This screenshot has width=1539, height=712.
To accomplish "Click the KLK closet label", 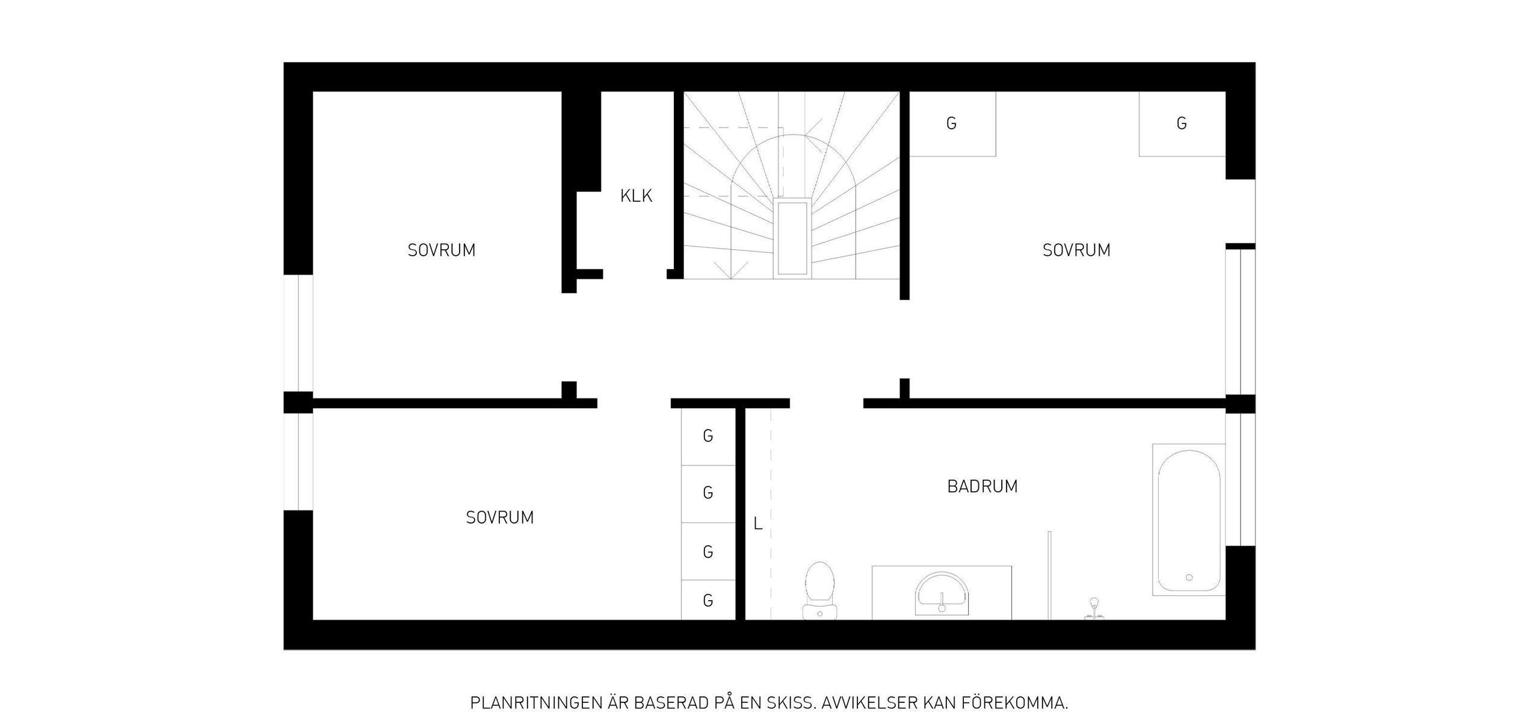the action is (636, 196).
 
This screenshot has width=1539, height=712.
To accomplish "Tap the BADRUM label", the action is (982, 486).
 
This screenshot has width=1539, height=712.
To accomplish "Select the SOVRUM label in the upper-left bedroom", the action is (442, 250).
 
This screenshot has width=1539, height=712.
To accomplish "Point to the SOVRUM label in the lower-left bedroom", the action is (500, 518).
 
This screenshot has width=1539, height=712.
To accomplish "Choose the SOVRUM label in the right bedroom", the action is (1076, 250).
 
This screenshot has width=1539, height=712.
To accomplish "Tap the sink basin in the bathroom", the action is (942, 593).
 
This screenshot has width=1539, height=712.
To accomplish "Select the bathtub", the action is (1189, 520).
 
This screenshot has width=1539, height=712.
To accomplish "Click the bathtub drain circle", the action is (1189, 577).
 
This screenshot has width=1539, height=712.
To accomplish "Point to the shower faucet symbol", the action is (1094, 608).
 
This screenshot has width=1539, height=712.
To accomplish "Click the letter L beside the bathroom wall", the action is (757, 524).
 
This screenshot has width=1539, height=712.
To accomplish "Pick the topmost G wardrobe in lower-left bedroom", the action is (708, 436).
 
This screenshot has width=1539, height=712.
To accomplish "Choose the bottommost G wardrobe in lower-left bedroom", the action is (708, 600).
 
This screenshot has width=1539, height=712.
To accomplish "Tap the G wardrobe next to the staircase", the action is (952, 123).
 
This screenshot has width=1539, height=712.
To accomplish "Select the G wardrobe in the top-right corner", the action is (1182, 123).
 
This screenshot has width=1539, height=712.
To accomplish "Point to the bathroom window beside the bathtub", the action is (1241, 479).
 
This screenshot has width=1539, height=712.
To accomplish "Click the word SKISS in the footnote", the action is (773, 686).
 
